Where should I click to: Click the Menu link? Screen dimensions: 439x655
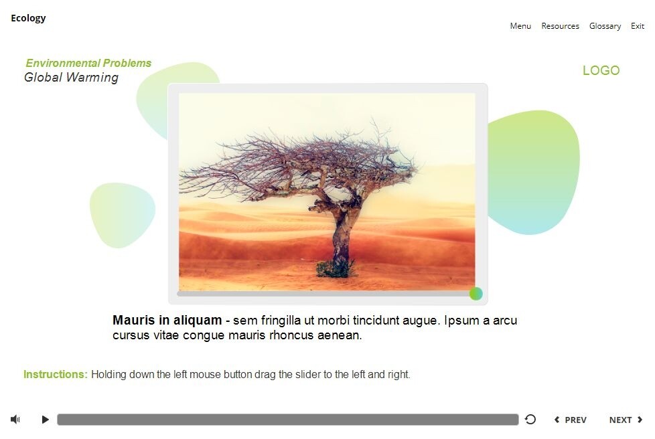520,26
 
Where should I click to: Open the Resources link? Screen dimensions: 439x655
560,26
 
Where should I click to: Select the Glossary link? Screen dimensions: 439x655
605,26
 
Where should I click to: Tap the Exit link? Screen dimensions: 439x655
638,26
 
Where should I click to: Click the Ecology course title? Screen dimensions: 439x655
28,18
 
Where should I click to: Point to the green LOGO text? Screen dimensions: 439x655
601,70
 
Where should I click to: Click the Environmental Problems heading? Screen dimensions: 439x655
88,64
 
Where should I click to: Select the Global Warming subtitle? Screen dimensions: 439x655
71,78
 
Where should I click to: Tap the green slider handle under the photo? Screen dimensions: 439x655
476,293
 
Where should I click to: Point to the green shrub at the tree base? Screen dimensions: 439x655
334,268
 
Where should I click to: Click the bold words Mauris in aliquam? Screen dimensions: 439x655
167,321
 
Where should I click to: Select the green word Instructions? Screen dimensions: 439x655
55,375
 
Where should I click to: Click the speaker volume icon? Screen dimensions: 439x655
15,420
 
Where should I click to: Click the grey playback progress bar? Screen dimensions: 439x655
287,420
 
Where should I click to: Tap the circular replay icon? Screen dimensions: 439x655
530,420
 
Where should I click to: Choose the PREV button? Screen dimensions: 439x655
570,420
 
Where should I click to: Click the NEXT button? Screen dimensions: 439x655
626,420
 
